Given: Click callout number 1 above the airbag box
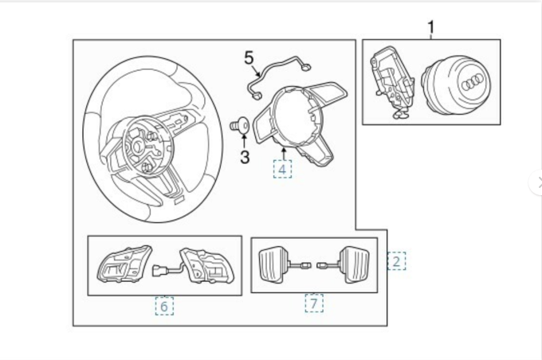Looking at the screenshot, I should pos(431,29).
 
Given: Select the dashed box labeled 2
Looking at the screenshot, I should pos(397,260).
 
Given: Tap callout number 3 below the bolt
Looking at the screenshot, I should pos(245,158).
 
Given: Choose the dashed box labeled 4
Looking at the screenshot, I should pos(282,169).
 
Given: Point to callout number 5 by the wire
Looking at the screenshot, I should pos(249,57).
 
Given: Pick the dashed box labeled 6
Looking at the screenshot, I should pos(163,306).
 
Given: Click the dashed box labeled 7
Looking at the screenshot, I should pos(314,303).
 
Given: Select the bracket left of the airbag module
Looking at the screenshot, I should pos(391,83).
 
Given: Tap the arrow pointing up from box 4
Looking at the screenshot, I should pos(282,152).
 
